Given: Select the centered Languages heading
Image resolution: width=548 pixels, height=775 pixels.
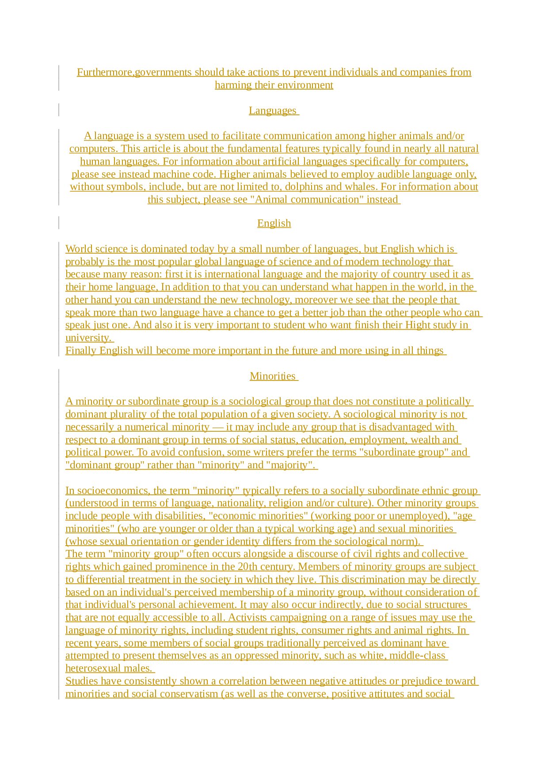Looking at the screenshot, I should (273, 110).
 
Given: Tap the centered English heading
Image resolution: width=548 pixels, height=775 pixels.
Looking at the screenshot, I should (274, 223).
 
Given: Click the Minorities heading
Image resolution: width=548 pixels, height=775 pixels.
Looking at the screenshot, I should (273, 376).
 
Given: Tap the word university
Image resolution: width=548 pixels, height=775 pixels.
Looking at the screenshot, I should (88, 338).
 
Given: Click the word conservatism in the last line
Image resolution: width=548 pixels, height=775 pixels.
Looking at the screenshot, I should (189, 694).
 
